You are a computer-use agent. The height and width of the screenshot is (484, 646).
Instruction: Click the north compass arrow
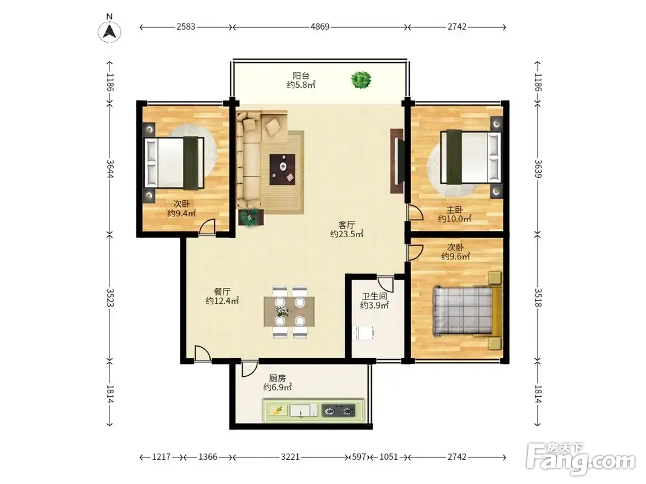(x=109, y=31)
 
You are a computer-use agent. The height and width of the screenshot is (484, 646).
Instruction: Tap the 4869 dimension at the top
(x=320, y=27)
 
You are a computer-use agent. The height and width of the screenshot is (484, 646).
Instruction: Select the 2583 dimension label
(x=185, y=27)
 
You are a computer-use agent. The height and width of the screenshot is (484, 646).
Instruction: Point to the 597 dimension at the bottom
(x=359, y=457)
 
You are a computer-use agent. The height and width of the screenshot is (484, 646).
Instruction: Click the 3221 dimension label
(x=290, y=457)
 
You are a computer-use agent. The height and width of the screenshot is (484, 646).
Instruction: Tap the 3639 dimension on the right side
(x=538, y=169)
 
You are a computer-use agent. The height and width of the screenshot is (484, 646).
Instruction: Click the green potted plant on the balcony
(x=361, y=80)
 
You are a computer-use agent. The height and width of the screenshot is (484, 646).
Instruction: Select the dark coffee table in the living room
(x=283, y=169)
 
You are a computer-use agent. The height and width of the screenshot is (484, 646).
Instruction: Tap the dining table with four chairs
(x=289, y=312)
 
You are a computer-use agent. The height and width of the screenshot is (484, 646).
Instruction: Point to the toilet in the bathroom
(x=363, y=333)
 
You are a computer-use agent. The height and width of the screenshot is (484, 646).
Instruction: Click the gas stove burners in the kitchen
(x=338, y=410)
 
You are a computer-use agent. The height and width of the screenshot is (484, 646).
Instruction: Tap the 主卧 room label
(x=455, y=210)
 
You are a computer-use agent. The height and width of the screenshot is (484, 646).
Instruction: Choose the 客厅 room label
(x=346, y=224)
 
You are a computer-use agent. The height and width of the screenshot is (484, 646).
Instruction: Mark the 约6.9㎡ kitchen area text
(x=278, y=387)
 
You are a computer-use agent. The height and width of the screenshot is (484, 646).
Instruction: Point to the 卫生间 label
(x=375, y=296)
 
